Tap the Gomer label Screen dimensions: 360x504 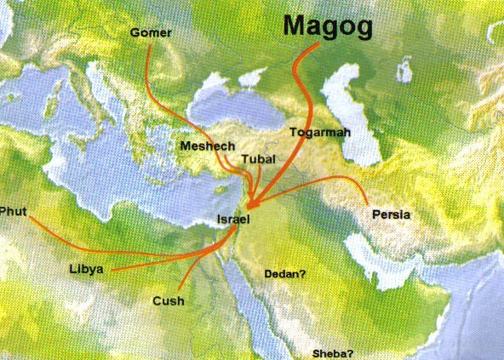coord(151,32)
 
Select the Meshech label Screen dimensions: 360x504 coord(208,146)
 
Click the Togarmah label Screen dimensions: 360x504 coord(320,133)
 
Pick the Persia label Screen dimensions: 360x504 coord(391,214)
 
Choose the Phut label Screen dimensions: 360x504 coord(14,210)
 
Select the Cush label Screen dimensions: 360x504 coord(169,300)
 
